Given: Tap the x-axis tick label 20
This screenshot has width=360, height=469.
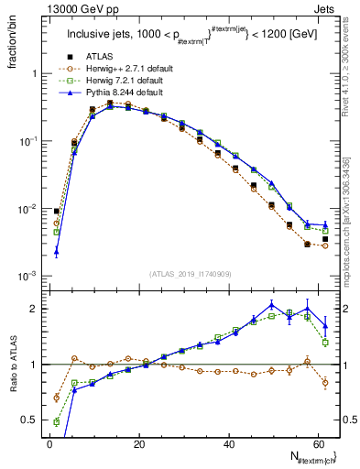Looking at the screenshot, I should pos(138,443).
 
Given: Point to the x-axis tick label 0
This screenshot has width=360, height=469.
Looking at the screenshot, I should pos(49,443).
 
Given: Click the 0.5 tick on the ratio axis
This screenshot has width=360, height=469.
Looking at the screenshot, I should pos(30,420).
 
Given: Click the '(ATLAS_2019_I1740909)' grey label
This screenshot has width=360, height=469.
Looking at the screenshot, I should pos(191,274).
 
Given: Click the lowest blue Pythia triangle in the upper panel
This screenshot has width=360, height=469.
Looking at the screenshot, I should pos(56,251).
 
